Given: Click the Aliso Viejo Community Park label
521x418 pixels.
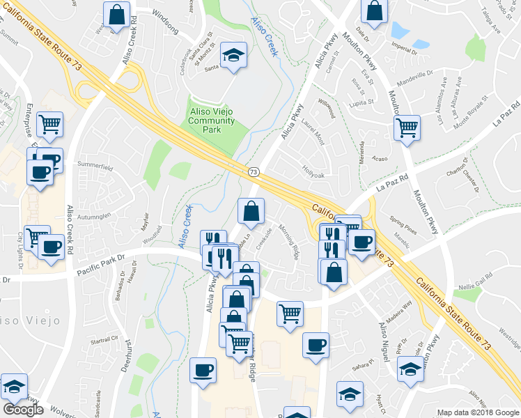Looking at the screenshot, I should (212, 116).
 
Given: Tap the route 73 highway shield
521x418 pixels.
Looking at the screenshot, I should (251, 171).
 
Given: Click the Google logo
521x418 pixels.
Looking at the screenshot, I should (23, 409).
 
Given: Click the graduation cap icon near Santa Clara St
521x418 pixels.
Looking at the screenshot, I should (234, 54).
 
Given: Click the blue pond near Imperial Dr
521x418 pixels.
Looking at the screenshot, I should (400, 30).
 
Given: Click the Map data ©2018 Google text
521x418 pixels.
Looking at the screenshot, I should (478, 412).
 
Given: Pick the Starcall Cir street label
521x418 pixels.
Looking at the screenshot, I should (104, 340).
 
